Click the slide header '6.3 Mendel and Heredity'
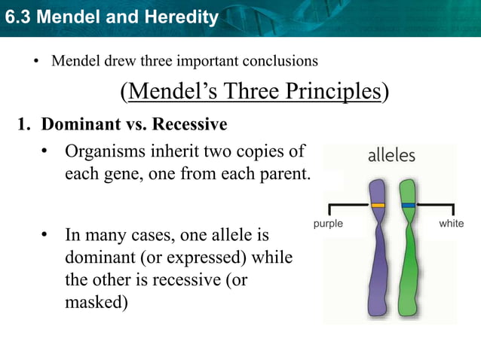[x=111, y=16]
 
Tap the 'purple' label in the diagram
[x=327, y=224]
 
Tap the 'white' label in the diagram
[x=452, y=224]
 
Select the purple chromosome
[x=377, y=256]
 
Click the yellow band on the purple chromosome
[x=378, y=205]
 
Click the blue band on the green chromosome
[x=408, y=205]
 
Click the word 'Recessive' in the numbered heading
[x=190, y=124]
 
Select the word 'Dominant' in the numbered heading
[x=76, y=124]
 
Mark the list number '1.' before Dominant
[x=24, y=124]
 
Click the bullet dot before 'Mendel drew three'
[x=35, y=61]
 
